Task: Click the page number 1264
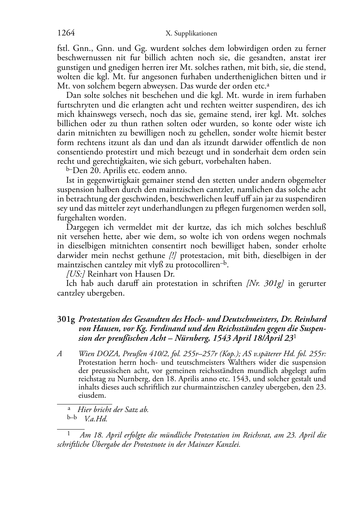coord(66,33)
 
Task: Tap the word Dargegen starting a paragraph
coord(84,227)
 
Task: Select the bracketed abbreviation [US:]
coord(76,274)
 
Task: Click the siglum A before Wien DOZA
coord(60,354)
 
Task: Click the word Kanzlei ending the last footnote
coord(226,445)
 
